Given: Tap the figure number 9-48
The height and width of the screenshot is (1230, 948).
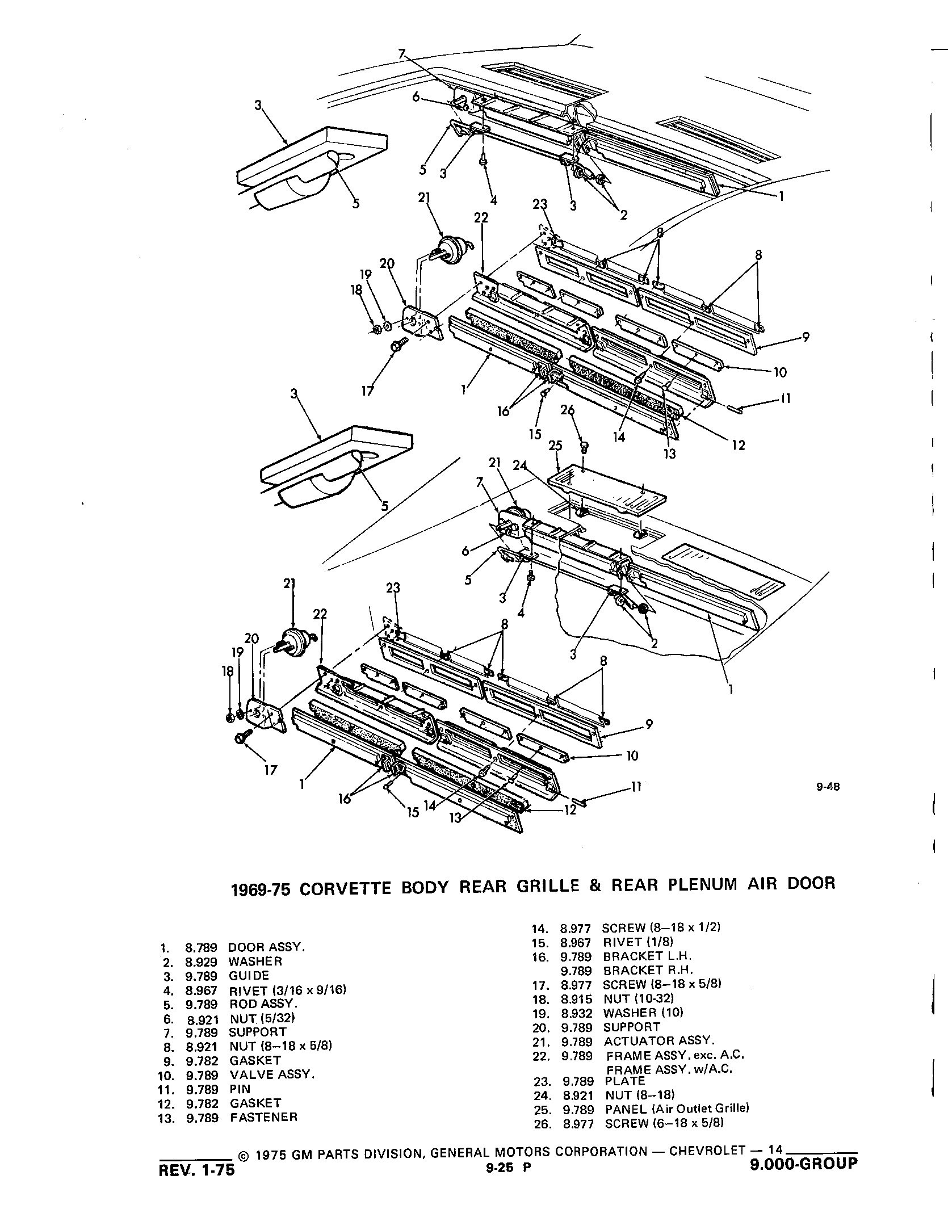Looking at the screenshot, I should coord(828,787).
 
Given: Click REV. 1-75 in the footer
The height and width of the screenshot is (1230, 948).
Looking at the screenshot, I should coord(197,1170).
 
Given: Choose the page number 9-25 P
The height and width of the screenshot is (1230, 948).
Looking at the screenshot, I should coord(505,1167).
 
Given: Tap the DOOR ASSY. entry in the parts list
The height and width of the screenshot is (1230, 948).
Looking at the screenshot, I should coord(267,947).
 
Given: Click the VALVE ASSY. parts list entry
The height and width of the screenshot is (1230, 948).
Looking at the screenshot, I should coord(272,1074).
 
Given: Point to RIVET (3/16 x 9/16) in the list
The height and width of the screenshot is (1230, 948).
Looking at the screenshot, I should coord(287,991).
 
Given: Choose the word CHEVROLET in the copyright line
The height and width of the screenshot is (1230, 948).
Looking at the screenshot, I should coord(707,1152).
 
